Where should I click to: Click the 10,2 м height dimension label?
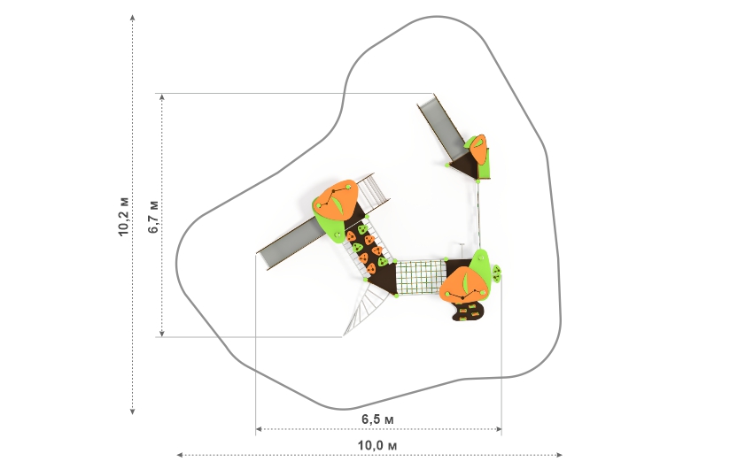click(x=124, y=216)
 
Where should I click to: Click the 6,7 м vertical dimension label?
click(x=153, y=216)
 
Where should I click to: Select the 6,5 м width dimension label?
click(x=377, y=419)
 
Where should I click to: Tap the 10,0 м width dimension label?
click(x=377, y=445)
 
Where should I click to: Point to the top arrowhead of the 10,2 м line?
click(x=133, y=18)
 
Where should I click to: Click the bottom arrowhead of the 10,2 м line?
click(x=133, y=411)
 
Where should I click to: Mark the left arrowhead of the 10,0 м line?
click(x=180, y=455)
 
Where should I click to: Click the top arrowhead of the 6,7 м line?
click(x=162, y=97)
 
